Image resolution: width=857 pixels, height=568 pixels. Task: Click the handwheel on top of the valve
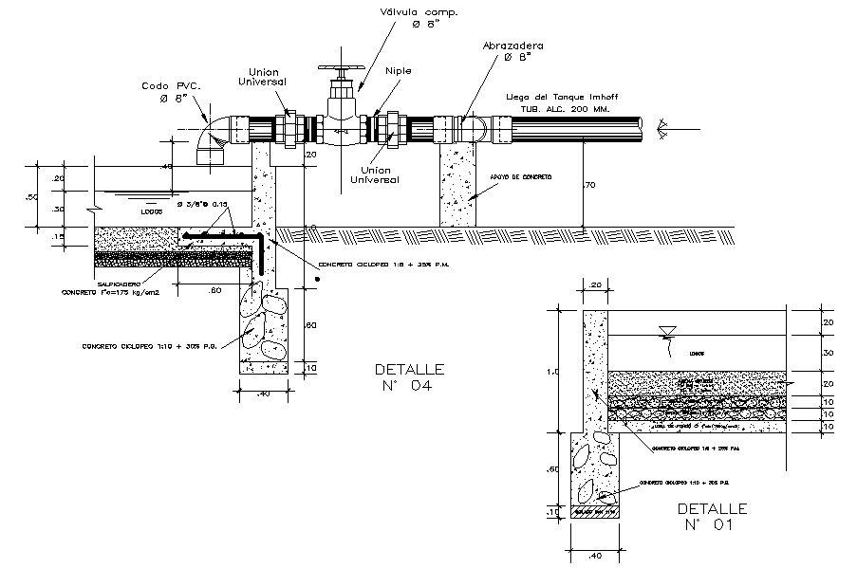click(x=340, y=69)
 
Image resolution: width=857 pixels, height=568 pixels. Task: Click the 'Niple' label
click(x=399, y=70)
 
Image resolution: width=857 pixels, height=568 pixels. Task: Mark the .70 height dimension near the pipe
click(x=589, y=186)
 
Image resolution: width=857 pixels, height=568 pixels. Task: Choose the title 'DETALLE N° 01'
click(x=713, y=516)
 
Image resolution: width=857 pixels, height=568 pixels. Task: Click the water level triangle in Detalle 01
click(x=667, y=330)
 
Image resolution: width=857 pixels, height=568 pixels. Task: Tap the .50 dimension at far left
click(x=32, y=197)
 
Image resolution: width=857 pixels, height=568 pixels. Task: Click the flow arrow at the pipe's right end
click(x=661, y=125)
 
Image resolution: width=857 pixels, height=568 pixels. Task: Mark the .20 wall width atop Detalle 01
click(x=596, y=284)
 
